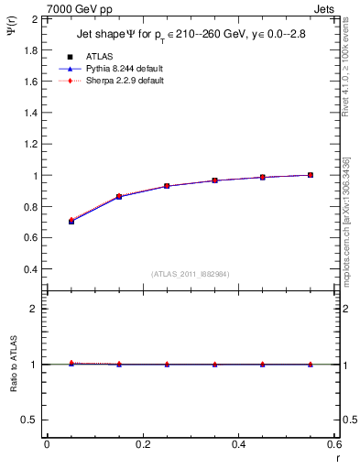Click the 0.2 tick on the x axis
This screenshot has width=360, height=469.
click(142, 444)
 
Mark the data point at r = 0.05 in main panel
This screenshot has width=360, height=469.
click(71, 221)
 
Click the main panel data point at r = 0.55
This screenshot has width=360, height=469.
click(311, 175)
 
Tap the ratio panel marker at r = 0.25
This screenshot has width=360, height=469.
click(167, 365)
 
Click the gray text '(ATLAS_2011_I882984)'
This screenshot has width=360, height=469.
click(191, 274)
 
